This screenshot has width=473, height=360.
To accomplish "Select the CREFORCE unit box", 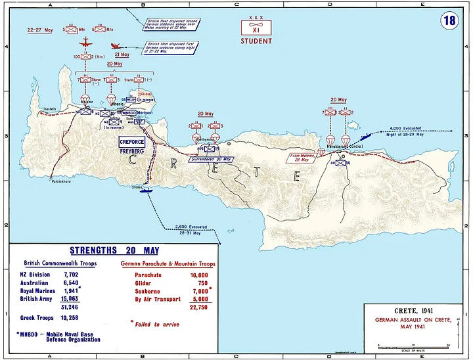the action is click(x=131, y=141).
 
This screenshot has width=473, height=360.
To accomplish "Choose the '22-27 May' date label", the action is click(x=40, y=30).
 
